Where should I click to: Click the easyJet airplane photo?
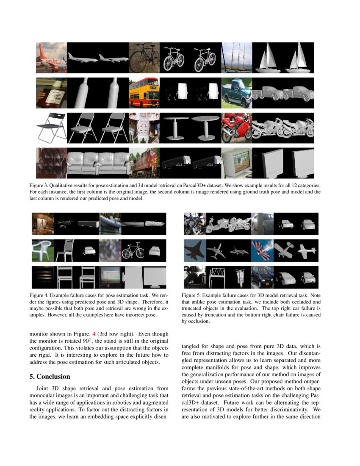click(x=51, y=57)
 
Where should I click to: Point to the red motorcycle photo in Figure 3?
click(x=236, y=127)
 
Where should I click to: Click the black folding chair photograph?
click(x=51, y=127)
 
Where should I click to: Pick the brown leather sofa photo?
click(x=51, y=162)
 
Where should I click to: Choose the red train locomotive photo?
click(x=144, y=162)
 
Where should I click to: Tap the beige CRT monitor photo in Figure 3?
click(x=236, y=162)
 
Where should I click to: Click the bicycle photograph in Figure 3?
click(x=144, y=57)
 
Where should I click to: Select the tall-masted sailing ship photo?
click(x=236, y=57)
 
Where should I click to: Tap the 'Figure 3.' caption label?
click(x=46, y=186)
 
